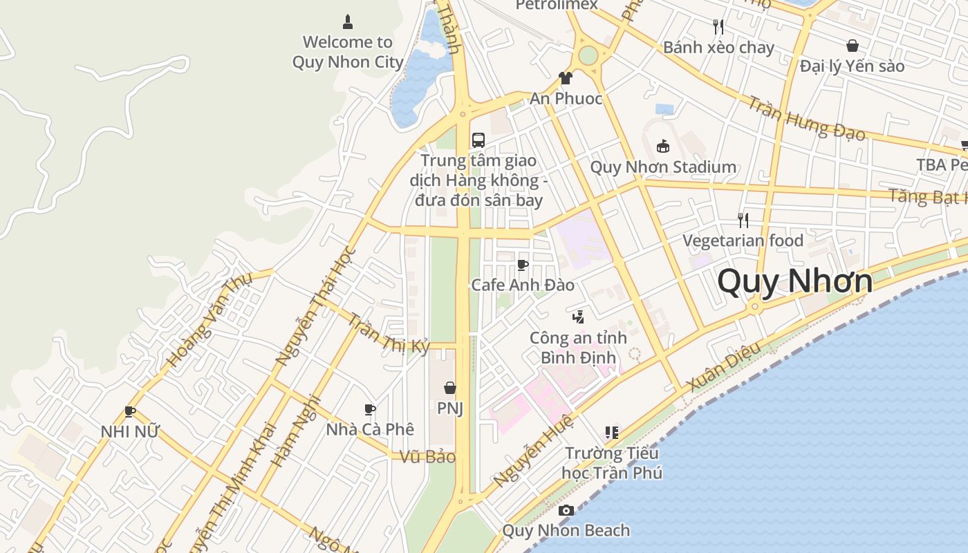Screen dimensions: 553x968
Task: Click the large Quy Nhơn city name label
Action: click(x=795, y=281)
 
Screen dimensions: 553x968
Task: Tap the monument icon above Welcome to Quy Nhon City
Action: click(x=348, y=22)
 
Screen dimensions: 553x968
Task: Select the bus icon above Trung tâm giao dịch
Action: click(x=478, y=140)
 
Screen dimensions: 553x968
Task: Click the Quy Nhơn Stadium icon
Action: click(x=663, y=146)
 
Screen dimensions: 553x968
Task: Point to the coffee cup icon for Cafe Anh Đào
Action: click(x=523, y=265)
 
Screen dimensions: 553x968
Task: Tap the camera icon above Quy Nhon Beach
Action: click(x=566, y=511)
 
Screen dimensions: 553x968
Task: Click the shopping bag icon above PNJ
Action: click(x=449, y=388)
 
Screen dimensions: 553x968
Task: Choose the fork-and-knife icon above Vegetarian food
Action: click(x=743, y=221)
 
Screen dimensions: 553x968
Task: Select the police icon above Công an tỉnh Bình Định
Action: click(x=578, y=317)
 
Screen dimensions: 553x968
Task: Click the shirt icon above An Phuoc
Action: click(x=566, y=78)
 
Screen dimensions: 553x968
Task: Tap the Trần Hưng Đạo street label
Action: click(x=806, y=118)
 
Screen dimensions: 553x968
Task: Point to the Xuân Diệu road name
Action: click(x=725, y=367)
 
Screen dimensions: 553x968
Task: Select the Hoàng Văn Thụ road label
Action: click(x=209, y=319)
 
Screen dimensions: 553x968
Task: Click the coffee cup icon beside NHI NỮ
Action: click(x=129, y=412)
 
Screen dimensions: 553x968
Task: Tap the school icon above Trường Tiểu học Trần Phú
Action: click(x=611, y=433)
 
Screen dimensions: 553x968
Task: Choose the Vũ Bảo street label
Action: click(x=428, y=457)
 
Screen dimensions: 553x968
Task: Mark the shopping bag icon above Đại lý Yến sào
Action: click(x=853, y=46)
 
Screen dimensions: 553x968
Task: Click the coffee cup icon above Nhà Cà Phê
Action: click(x=370, y=409)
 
